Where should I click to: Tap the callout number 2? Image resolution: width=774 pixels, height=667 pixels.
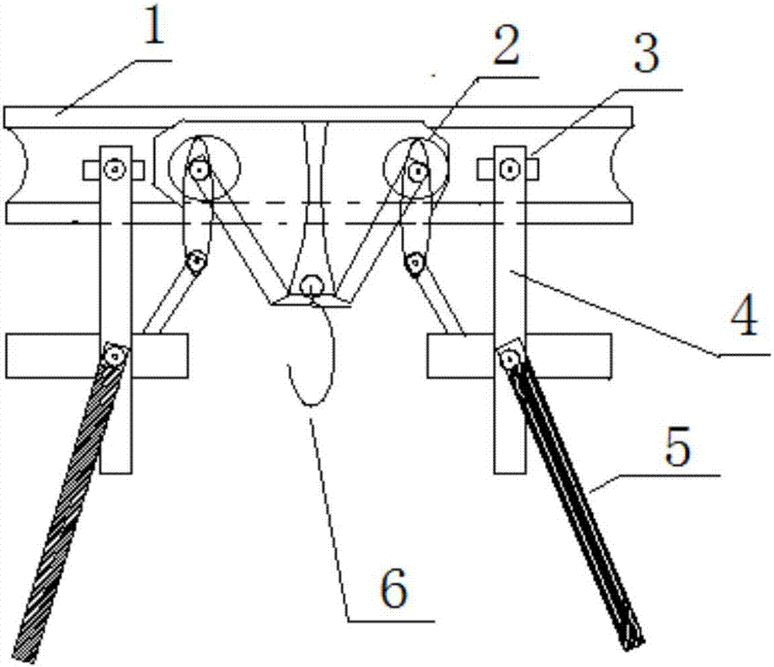[x=507, y=46]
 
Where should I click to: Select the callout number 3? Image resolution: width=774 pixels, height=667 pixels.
[x=646, y=55]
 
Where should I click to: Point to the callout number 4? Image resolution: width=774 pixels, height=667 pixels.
[x=744, y=315]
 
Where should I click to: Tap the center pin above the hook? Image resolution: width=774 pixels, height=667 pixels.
[x=312, y=286]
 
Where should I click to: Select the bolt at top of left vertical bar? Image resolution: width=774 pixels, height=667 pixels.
[x=115, y=169]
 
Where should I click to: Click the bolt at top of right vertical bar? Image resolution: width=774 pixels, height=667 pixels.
[x=510, y=169]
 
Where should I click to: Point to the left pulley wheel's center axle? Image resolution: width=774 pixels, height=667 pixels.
[x=199, y=171]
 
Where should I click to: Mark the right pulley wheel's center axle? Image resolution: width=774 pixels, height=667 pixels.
[x=418, y=171]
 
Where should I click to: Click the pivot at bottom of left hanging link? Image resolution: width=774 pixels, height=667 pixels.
[x=197, y=261]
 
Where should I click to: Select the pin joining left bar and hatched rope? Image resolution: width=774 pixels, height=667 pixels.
[x=115, y=354]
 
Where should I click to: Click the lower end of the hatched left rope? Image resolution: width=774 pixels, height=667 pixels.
[x=25, y=652]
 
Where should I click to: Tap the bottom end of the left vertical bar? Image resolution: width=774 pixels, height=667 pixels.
[x=116, y=472]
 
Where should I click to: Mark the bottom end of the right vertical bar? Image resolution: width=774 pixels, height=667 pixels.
[x=510, y=472]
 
